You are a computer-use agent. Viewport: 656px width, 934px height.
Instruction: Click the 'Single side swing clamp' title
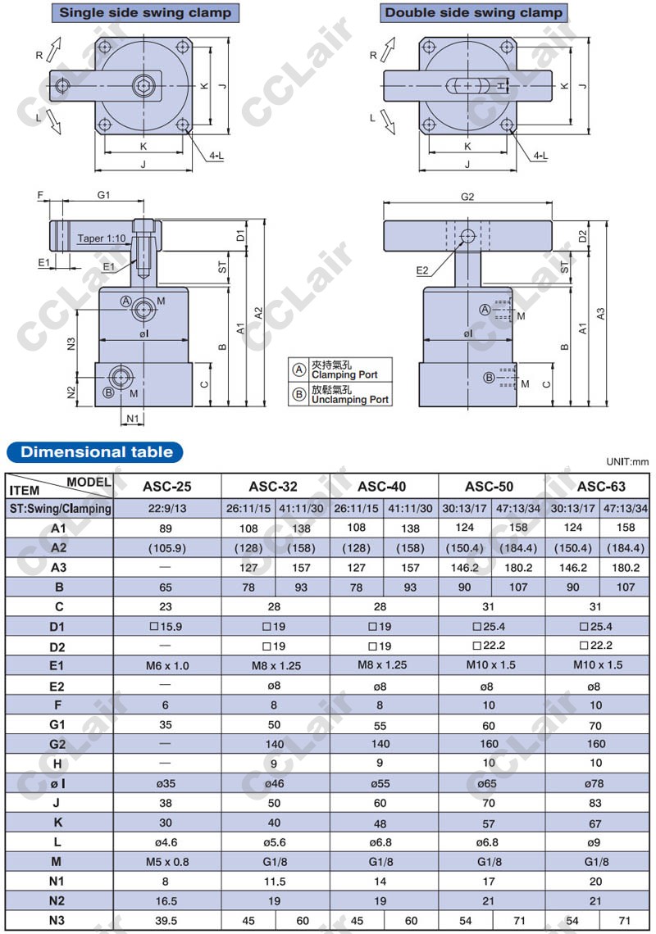[x=145, y=12]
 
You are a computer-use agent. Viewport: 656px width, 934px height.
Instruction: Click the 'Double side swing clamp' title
[x=473, y=12]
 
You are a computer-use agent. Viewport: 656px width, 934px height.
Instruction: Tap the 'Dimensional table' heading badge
[x=96, y=452]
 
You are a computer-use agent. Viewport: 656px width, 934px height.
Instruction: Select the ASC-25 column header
[x=167, y=487]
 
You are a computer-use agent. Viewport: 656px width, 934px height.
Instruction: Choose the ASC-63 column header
[x=601, y=487]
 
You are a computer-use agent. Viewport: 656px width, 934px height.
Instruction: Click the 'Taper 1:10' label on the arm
[x=102, y=238]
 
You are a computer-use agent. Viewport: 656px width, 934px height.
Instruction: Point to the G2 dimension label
[x=467, y=197]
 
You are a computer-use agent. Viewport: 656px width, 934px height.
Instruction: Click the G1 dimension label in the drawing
[x=104, y=195]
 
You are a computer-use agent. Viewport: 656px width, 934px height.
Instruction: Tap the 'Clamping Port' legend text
[x=344, y=374]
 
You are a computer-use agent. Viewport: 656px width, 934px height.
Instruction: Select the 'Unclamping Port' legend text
[x=349, y=400]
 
